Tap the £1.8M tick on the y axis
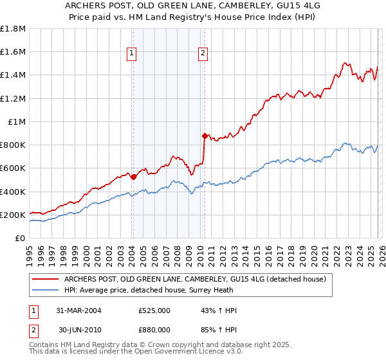pyautogui.click(x=13, y=29)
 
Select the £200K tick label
pyautogui.click(x=13, y=215)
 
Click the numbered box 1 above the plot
pyautogui.click(x=132, y=53)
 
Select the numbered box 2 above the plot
pyautogui.click(x=203, y=53)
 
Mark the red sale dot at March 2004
pyautogui.click(x=133, y=177)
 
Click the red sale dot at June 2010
pyautogui.click(x=205, y=136)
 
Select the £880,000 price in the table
pyautogui.click(x=154, y=329)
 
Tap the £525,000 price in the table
pyautogui.click(x=154, y=310)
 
